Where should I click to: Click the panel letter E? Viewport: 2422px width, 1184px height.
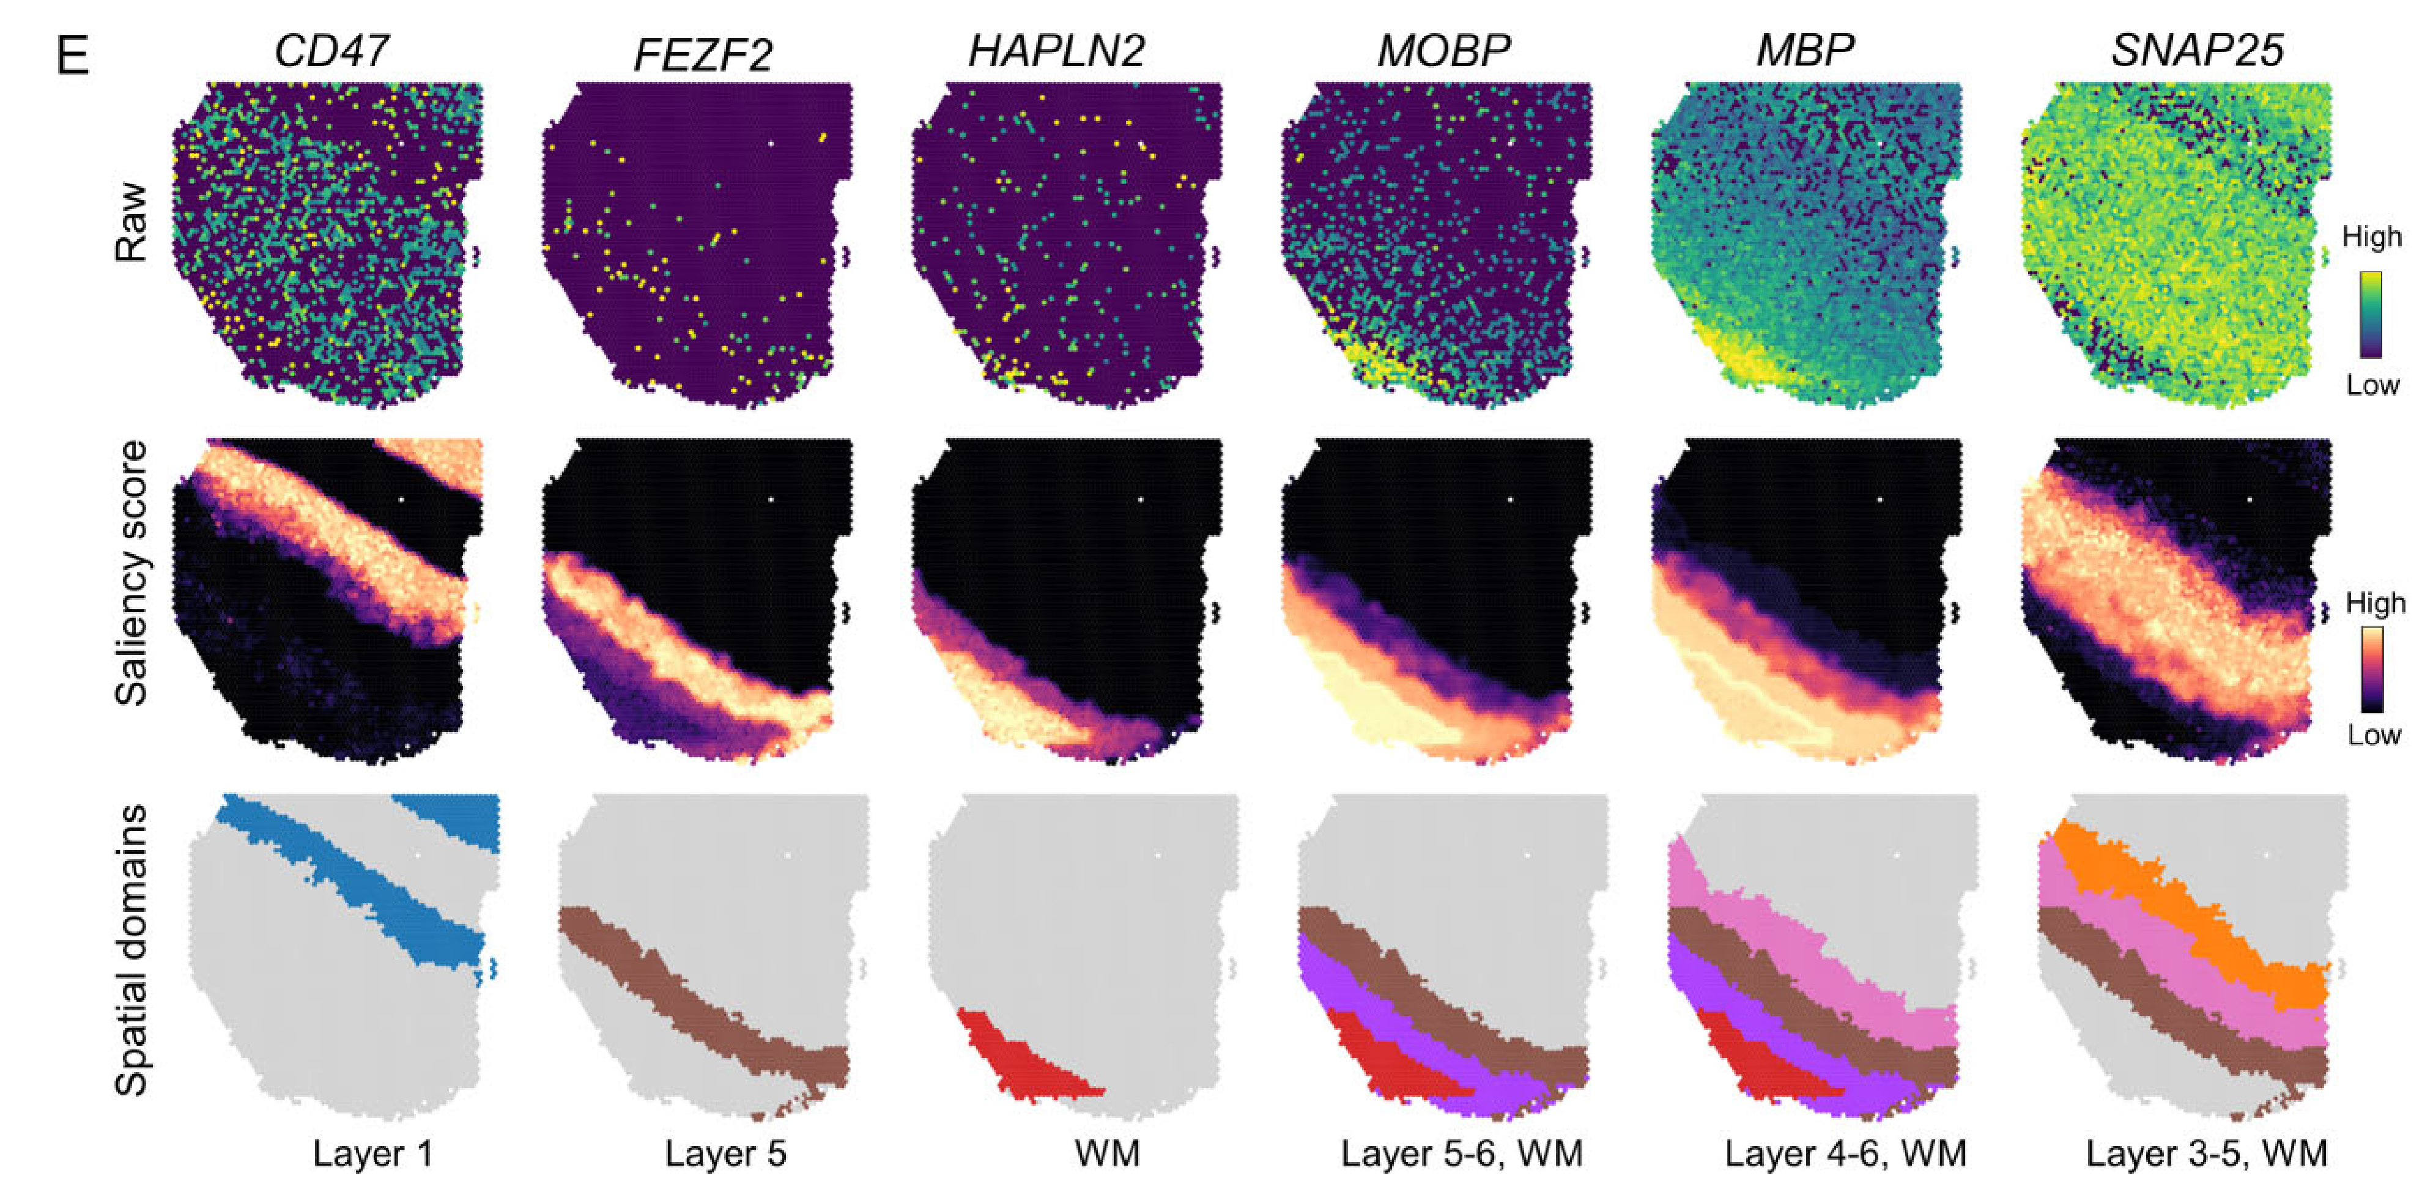72,56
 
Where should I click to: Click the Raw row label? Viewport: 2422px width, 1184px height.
131,222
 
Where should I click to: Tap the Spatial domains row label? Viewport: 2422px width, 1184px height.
131,950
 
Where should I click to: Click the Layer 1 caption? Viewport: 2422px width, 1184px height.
372,1153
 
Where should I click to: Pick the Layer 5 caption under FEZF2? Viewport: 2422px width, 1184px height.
725,1153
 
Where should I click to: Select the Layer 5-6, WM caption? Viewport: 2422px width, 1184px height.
1461,1153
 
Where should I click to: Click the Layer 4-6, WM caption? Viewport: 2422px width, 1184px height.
1845,1153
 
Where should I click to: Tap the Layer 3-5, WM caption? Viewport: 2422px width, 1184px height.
2205,1153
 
